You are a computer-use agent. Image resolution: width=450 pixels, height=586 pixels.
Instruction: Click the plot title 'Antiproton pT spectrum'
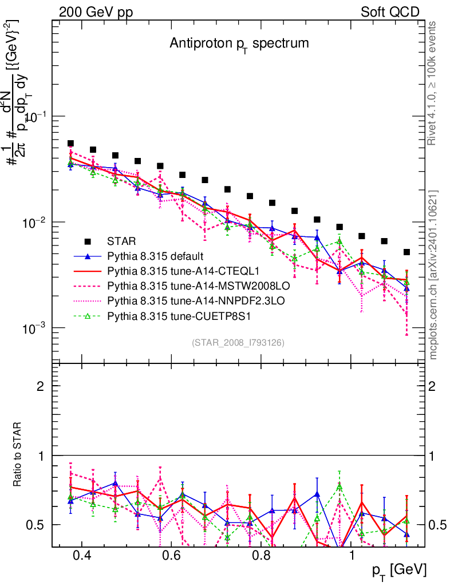[x=239, y=43]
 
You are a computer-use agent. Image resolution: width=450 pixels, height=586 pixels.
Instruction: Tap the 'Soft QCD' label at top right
[x=390, y=12]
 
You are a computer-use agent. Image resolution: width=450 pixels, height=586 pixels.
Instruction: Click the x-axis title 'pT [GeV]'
[x=399, y=570]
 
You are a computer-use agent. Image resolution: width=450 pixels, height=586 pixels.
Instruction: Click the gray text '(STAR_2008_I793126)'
[x=238, y=342]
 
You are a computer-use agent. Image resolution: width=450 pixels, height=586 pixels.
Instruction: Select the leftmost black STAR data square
[x=70, y=144]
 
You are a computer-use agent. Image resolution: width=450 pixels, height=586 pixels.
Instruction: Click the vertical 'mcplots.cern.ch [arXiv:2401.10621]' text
[x=433, y=275]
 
